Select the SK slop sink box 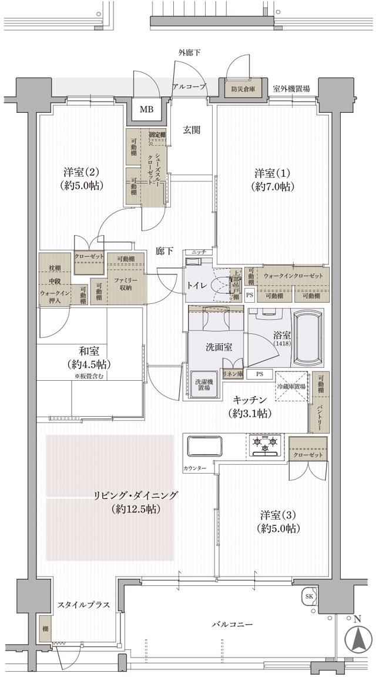click(309, 596)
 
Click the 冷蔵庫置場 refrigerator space click(291, 386)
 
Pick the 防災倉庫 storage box click(242, 89)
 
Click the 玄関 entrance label click(192, 130)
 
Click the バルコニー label click(233, 624)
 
